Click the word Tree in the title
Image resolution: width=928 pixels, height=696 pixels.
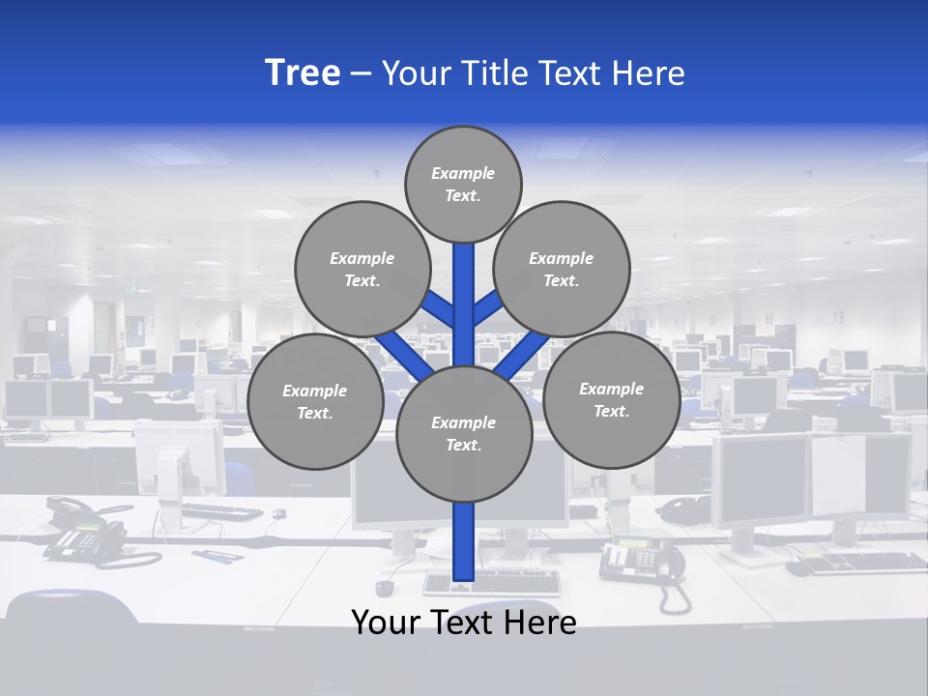pos(303,73)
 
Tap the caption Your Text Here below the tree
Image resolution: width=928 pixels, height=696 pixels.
pos(463,622)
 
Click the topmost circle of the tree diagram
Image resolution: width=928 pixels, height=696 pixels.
pos(463,184)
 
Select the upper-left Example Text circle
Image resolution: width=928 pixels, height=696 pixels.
pos(362,269)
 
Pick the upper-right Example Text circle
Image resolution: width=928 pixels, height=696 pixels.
pos(561,269)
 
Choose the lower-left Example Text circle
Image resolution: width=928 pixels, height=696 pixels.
pos(314,401)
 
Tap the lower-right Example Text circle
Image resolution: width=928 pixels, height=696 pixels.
pos(611,399)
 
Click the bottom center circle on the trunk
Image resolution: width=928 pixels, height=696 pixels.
pos(463,433)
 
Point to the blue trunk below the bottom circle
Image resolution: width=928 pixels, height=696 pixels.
pos(463,541)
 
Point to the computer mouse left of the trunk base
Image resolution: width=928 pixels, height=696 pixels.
pos(385,588)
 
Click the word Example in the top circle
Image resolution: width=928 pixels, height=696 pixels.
pos(463,173)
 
